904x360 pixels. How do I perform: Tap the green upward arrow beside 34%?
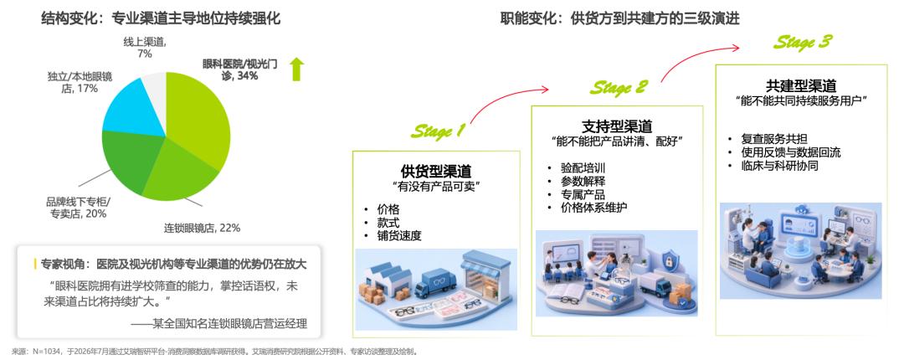point(297,69)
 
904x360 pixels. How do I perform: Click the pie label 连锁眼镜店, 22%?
point(202,228)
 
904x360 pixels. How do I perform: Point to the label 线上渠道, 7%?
point(144,48)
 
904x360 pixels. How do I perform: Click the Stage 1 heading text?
point(438,131)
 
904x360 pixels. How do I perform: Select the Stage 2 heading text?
point(618,87)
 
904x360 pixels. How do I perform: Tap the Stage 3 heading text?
point(803,42)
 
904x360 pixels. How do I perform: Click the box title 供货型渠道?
point(436,172)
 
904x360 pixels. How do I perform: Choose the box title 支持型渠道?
point(617,126)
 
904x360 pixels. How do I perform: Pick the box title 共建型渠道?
point(801,85)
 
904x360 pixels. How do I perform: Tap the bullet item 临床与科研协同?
point(779,166)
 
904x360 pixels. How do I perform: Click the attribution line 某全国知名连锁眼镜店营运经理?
point(229,324)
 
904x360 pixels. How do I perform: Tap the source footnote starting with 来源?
point(214,352)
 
